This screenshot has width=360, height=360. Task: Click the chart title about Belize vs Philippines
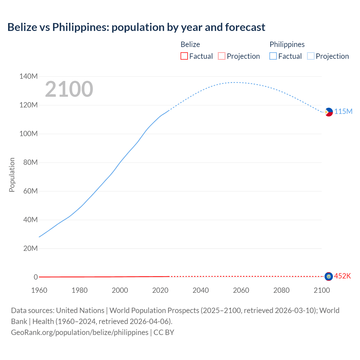pyautogui.click(x=136, y=27)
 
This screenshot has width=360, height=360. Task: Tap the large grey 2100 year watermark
pyautogui.click(x=69, y=89)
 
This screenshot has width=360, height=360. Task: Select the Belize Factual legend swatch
pyautogui.click(x=184, y=56)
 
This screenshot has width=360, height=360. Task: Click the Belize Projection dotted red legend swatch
pyautogui.click(x=222, y=56)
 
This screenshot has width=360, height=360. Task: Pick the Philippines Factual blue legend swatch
pyautogui.click(x=273, y=56)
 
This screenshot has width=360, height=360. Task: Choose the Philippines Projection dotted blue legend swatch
pyautogui.click(x=310, y=56)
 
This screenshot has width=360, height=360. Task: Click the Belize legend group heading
pyautogui.click(x=190, y=44)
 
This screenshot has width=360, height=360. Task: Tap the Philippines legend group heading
pyautogui.click(x=287, y=44)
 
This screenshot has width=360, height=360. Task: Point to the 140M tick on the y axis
pyautogui.click(x=28, y=76)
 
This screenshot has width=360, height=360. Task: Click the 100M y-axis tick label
pyautogui.click(x=28, y=134)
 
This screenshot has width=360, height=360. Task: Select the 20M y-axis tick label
pyautogui.click(x=30, y=249)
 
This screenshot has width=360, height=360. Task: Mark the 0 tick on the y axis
pyautogui.click(x=35, y=277)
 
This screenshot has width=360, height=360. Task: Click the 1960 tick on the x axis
pyautogui.click(x=39, y=290)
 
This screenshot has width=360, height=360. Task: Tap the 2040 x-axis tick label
pyautogui.click(x=201, y=290)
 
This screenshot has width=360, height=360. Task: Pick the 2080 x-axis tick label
pyautogui.click(x=281, y=290)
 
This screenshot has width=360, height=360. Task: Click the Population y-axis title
pyautogui.click(x=12, y=175)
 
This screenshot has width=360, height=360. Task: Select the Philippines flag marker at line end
pyautogui.click(x=328, y=112)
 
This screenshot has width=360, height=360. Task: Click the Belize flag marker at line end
pyautogui.click(x=328, y=276)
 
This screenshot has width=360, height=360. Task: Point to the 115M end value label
pyautogui.click(x=343, y=112)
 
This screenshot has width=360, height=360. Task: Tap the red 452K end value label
pyautogui.click(x=342, y=276)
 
